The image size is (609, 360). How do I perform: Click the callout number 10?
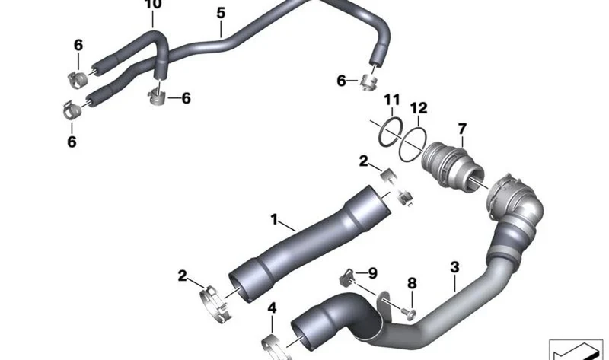tap(153, 4)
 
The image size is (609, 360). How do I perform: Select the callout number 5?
tap(221, 13)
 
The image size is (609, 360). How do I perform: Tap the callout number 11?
tap(392, 100)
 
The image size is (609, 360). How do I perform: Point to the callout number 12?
tap(419, 107)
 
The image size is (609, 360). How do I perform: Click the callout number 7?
tap(462, 129)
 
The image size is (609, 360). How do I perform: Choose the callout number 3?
tap(454, 267)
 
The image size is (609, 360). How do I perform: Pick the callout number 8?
tap(412, 283)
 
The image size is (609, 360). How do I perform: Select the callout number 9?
tap(372, 273)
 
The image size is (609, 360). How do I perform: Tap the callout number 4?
tap(272, 308)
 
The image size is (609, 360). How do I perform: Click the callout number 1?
tap(274, 219)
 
